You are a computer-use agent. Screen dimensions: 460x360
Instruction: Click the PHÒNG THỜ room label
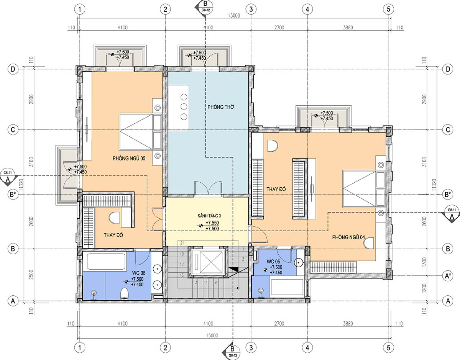click(x=220, y=107)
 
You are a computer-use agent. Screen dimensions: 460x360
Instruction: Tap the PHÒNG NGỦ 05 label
click(x=129, y=158)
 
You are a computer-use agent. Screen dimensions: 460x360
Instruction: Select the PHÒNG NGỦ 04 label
click(x=348, y=237)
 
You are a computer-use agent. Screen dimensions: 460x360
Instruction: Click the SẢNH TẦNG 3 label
click(x=209, y=216)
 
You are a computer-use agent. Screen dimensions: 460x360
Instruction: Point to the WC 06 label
click(x=139, y=273)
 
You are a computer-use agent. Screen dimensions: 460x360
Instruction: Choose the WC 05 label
click(x=273, y=262)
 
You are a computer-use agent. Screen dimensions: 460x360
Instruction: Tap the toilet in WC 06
click(x=125, y=294)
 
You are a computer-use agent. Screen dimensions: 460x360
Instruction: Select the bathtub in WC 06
click(x=106, y=261)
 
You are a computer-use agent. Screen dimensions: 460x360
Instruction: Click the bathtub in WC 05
click(x=287, y=287)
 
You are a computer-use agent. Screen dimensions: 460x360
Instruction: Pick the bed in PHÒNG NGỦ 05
click(x=140, y=131)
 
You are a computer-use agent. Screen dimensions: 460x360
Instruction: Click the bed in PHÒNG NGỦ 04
click(x=364, y=189)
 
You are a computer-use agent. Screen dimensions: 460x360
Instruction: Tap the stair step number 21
click(x=182, y=243)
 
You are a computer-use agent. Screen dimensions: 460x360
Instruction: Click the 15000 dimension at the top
click(x=234, y=15)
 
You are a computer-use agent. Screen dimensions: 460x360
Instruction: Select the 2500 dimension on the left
click(x=31, y=274)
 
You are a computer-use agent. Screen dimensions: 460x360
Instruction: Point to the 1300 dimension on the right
click(x=424, y=262)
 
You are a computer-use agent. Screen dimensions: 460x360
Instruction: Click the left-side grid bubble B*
click(x=13, y=194)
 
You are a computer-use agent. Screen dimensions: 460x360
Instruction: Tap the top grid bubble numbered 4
click(x=307, y=9)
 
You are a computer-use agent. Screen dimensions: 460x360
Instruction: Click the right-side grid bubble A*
click(x=448, y=276)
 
